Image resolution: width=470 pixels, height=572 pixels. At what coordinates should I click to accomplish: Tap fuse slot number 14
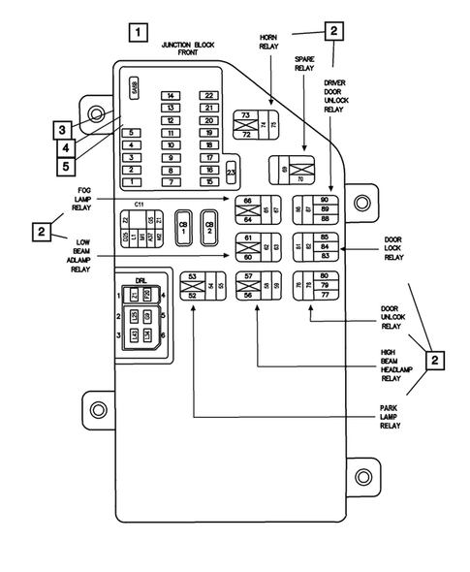pos(171,96)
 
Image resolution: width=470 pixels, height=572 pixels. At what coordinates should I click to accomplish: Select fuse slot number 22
pos(208,96)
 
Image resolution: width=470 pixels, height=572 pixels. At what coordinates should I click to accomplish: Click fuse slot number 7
pos(171,181)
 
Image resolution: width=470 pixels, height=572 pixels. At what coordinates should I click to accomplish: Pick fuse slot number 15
pos(208,181)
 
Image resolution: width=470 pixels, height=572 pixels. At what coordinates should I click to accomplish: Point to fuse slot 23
pos(231,173)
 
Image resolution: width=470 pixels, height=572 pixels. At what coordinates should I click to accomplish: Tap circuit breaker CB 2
pos(210,229)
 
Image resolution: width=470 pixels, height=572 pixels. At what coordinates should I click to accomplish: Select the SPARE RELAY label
pos(305,64)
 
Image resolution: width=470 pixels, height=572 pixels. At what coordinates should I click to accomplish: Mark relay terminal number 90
pos(325,199)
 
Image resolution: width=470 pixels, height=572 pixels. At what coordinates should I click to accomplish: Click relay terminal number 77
pos(325,295)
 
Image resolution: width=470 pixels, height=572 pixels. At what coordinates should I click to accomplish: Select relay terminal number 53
pos(192,276)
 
